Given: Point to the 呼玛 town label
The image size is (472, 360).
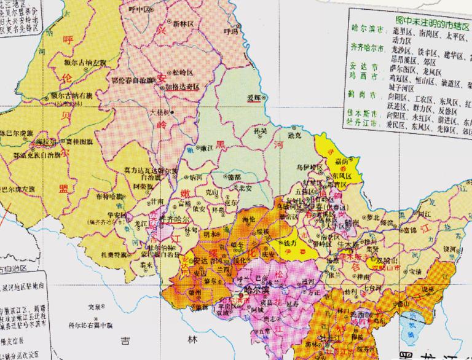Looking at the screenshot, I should coord(230,31).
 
